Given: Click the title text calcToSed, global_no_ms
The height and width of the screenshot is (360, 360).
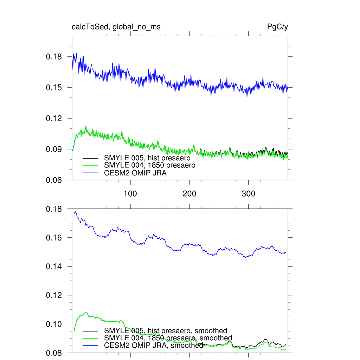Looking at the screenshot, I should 116,27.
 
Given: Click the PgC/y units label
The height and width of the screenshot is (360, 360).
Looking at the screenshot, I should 278,27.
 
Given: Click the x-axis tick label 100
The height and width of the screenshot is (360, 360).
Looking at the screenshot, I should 130,194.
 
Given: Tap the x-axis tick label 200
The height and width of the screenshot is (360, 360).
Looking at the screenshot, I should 189,194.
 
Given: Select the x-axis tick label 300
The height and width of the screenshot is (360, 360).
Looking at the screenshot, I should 249,194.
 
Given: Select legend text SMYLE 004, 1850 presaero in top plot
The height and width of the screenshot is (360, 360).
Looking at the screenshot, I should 149,165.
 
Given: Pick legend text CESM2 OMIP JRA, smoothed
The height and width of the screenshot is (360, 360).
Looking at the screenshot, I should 154,346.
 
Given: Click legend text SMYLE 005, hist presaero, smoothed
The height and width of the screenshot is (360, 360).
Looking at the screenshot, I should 166,331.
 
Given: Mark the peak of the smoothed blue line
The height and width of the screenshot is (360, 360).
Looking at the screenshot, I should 75,211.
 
